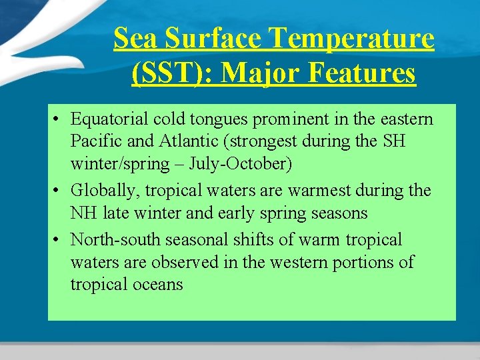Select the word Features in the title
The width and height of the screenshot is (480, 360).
[x=363, y=73]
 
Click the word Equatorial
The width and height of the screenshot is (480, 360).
[x=109, y=119]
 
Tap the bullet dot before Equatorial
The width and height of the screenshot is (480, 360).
[x=59, y=120]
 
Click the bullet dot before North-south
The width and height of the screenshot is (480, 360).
[x=59, y=239]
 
